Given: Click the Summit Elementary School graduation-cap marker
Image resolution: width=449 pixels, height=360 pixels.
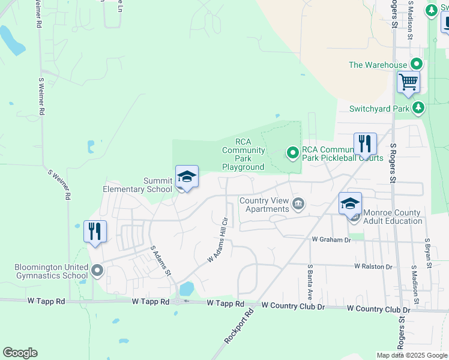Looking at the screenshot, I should pyautogui.click(x=187, y=177).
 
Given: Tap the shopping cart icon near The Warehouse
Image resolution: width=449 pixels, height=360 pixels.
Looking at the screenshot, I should pyautogui.click(x=408, y=82).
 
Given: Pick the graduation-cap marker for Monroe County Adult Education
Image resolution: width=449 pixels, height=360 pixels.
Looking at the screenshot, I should pyautogui.click(x=351, y=203).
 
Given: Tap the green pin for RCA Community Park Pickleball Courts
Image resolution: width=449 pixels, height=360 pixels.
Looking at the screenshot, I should pyautogui.click(x=292, y=153).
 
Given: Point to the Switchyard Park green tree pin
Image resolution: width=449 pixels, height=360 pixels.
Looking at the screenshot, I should pyautogui.click(x=418, y=109).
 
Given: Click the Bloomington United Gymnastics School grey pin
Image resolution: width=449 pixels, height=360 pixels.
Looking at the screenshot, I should pyautogui.click(x=97, y=271).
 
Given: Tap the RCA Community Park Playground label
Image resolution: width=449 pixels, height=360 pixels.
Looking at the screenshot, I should pyautogui.click(x=243, y=154).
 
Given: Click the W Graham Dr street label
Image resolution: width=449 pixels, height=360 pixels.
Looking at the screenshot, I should pyautogui.click(x=331, y=239).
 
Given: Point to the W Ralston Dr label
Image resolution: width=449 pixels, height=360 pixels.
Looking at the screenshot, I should pyautogui.click(x=373, y=266).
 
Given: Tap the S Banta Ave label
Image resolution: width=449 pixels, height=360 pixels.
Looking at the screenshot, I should pyautogui.click(x=310, y=282).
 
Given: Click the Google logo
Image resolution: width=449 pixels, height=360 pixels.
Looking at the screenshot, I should pyautogui.click(x=20, y=353).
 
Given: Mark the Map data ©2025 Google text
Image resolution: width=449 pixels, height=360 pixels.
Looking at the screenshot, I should pyautogui.click(x=412, y=355).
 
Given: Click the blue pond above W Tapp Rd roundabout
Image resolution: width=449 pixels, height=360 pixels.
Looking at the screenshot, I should pyautogui.click(x=186, y=289).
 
